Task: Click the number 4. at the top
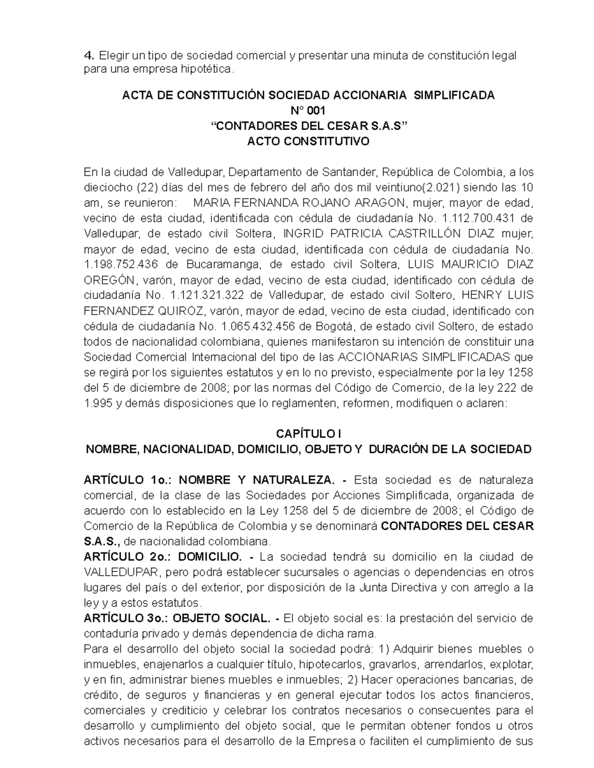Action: coord(88,55)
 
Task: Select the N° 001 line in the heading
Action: coord(308,111)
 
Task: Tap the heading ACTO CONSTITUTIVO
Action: coord(308,142)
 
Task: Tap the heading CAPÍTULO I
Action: coord(308,434)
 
